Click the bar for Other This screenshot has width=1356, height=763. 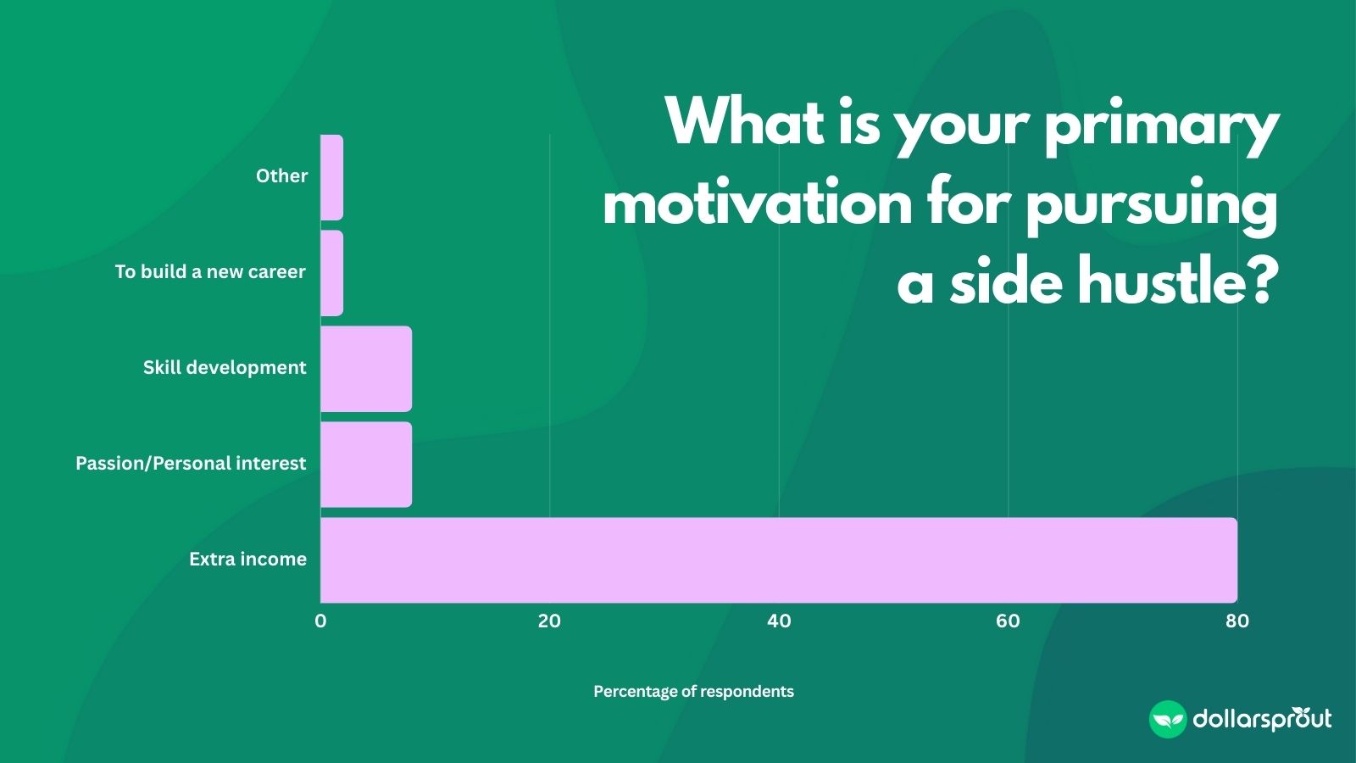(x=332, y=177)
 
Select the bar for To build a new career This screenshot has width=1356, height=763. (x=332, y=273)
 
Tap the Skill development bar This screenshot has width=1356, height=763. (x=366, y=369)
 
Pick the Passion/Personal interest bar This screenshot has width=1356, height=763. (x=366, y=465)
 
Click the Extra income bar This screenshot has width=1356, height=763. (x=778, y=560)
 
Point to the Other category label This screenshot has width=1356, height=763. (x=281, y=176)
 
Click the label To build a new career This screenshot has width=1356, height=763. (x=210, y=272)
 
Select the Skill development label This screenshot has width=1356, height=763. (x=225, y=368)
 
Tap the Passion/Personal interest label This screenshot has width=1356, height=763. (x=191, y=464)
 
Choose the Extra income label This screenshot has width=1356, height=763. (x=247, y=560)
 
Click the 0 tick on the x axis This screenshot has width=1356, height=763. (x=320, y=621)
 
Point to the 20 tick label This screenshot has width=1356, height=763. (x=549, y=621)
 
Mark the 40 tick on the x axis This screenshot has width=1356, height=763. (x=779, y=621)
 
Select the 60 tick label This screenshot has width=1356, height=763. (x=1008, y=621)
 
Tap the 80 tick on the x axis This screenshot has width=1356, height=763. (x=1237, y=621)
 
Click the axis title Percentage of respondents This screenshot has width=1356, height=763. (x=693, y=692)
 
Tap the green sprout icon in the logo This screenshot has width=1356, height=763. (x=1167, y=720)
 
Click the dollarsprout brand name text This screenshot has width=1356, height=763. (x=1262, y=720)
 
